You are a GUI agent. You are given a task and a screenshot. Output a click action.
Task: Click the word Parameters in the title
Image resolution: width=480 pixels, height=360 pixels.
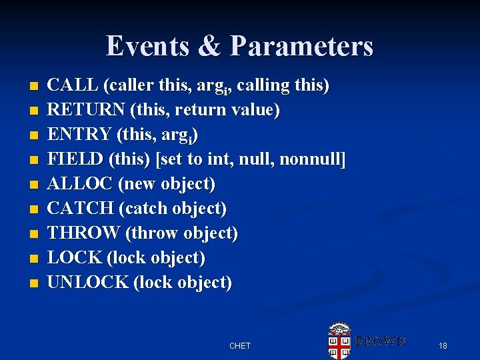point(302,46)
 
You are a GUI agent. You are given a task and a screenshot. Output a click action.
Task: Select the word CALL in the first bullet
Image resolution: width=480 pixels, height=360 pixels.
point(73,86)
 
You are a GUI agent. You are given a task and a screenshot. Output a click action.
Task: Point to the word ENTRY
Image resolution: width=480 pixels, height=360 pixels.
point(80,135)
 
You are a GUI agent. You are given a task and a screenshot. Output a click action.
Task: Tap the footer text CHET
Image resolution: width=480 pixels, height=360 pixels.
point(240,346)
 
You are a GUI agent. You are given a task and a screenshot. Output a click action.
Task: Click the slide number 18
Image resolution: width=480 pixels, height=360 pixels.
point(443,345)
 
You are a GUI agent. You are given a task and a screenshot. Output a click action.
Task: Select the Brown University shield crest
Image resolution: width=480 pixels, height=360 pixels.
point(339,341)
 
